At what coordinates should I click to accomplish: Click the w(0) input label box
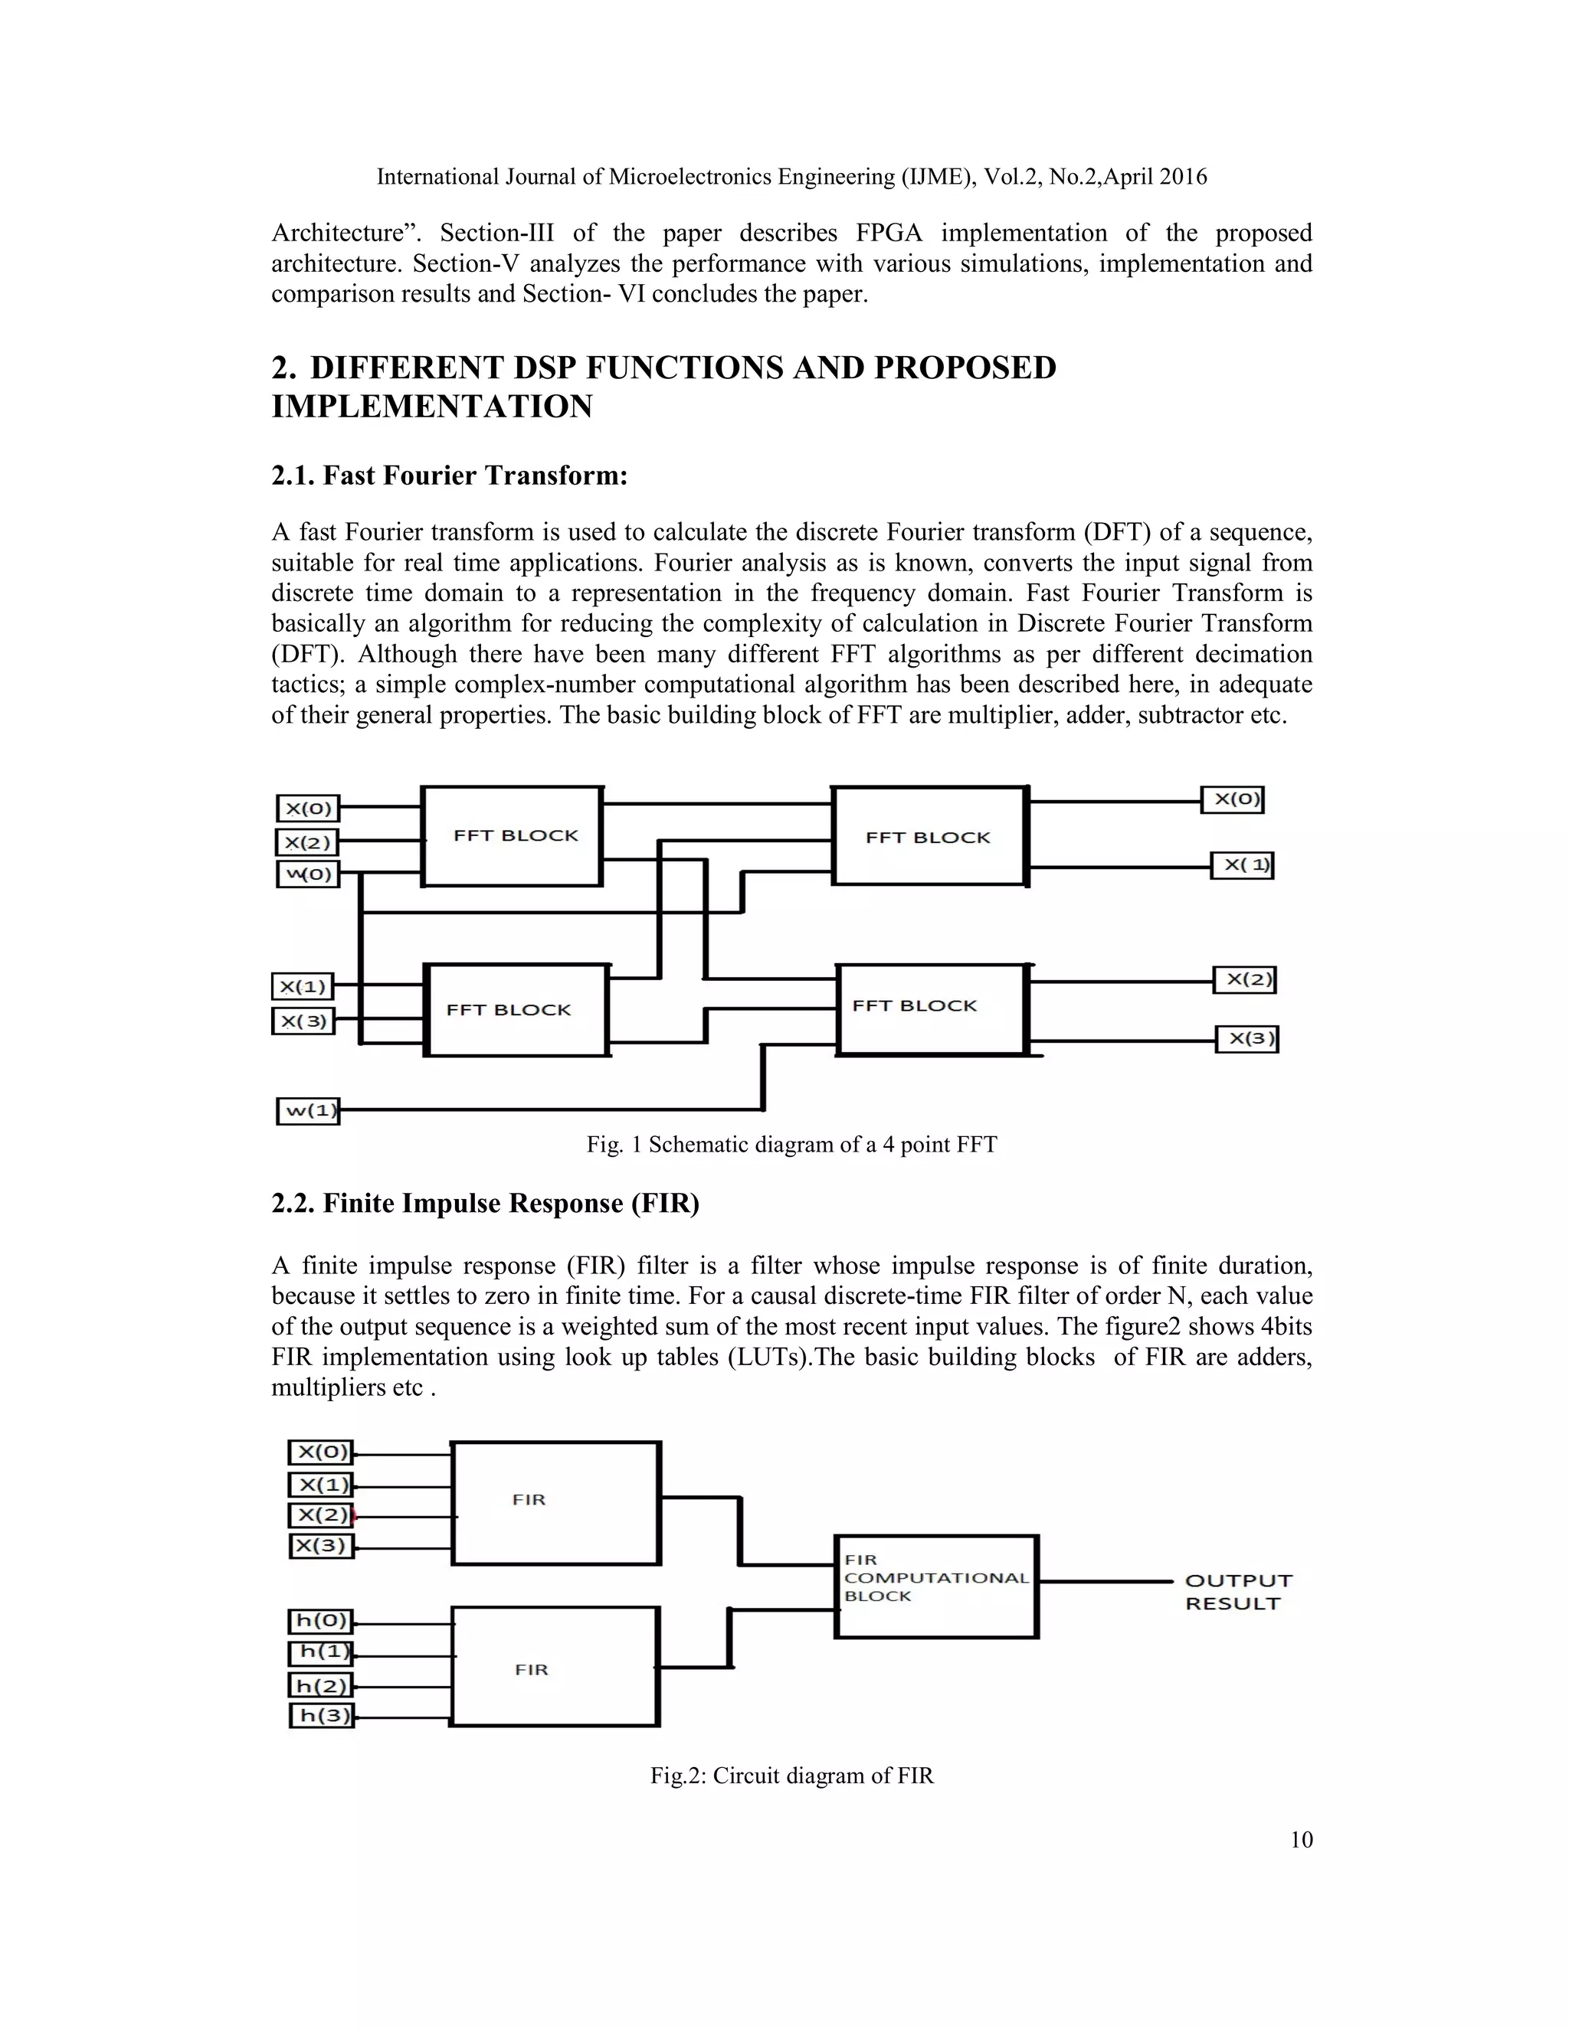(x=308, y=874)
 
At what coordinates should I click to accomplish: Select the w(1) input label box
(x=308, y=1110)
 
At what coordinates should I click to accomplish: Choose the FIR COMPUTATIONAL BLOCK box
(x=936, y=1586)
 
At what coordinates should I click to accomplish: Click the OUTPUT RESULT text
(x=1238, y=1592)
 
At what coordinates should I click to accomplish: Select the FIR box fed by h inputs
(x=555, y=1667)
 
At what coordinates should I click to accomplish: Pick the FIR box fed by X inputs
(x=555, y=1503)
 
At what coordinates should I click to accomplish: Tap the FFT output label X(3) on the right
(x=1247, y=1039)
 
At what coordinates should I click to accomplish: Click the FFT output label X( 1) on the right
(x=1242, y=866)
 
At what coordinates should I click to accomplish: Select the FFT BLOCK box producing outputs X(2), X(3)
(x=932, y=1009)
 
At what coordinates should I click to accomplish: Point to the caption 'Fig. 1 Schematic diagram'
(x=791, y=1145)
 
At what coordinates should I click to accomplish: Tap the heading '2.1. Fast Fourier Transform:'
(x=449, y=475)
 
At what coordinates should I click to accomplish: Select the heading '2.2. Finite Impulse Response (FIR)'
(x=484, y=1204)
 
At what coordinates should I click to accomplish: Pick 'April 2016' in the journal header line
(x=1154, y=177)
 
